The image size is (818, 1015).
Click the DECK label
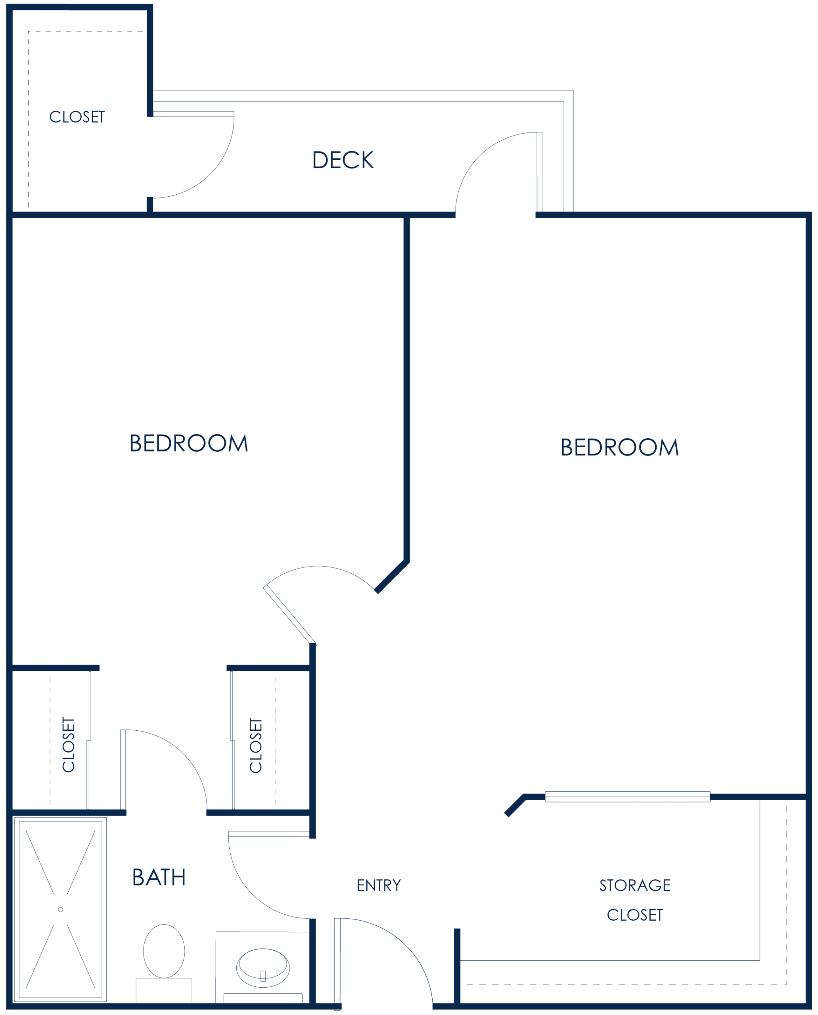(x=343, y=160)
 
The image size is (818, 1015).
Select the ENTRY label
(x=379, y=885)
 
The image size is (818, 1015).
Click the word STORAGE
(x=635, y=885)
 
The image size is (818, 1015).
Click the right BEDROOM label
(x=620, y=447)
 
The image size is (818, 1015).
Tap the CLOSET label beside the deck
(x=77, y=117)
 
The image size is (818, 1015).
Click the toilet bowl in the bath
(x=164, y=951)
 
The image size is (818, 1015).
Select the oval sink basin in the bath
(x=263, y=968)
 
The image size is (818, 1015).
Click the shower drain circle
(x=60, y=910)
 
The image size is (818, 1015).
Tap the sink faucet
(x=263, y=976)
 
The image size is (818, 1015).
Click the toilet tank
(x=164, y=990)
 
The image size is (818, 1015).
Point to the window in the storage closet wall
(x=628, y=797)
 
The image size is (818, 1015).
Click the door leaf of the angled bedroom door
(x=290, y=615)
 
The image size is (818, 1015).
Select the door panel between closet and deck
(x=193, y=114)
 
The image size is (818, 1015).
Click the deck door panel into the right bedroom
(x=540, y=172)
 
